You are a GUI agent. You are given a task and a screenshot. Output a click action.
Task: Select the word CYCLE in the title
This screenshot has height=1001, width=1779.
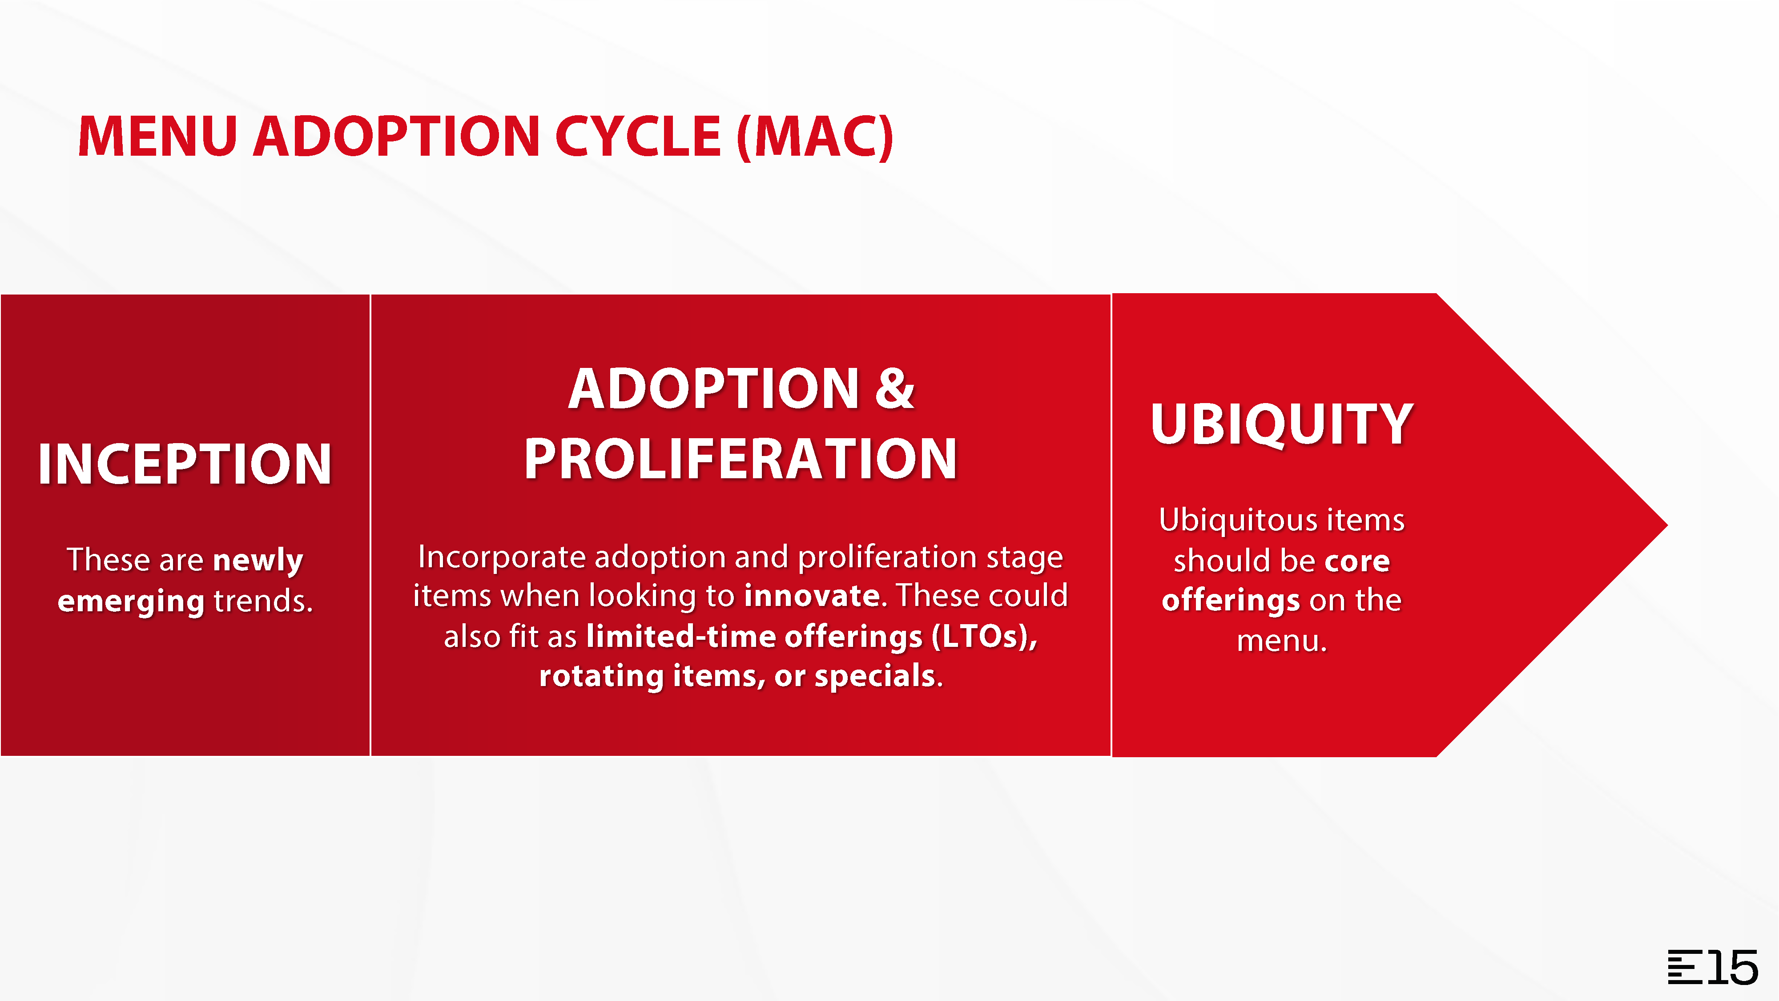pyautogui.click(x=639, y=136)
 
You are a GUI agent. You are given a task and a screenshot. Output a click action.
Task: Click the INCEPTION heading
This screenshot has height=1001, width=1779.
pyautogui.click(x=185, y=464)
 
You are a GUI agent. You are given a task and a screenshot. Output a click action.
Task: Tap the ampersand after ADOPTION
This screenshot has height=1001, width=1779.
pyautogui.click(x=895, y=388)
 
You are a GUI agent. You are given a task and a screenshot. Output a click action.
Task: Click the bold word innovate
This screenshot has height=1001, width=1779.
pyautogui.click(x=812, y=596)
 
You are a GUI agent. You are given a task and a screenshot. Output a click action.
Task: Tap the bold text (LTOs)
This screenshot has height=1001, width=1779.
pyautogui.click(x=985, y=636)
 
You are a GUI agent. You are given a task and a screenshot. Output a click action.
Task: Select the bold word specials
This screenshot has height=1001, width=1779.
pyautogui.click(x=875, y=676)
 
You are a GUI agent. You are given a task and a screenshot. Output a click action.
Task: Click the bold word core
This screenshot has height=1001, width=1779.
pyautogui.click(x=1357, y=561)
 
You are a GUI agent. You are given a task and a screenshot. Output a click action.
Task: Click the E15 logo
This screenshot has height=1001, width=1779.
pyautogui.click(x=1713, y=967)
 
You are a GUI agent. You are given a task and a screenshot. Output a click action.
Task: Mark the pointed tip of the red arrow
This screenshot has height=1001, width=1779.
pyautogui.click(x=1667, y=525)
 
